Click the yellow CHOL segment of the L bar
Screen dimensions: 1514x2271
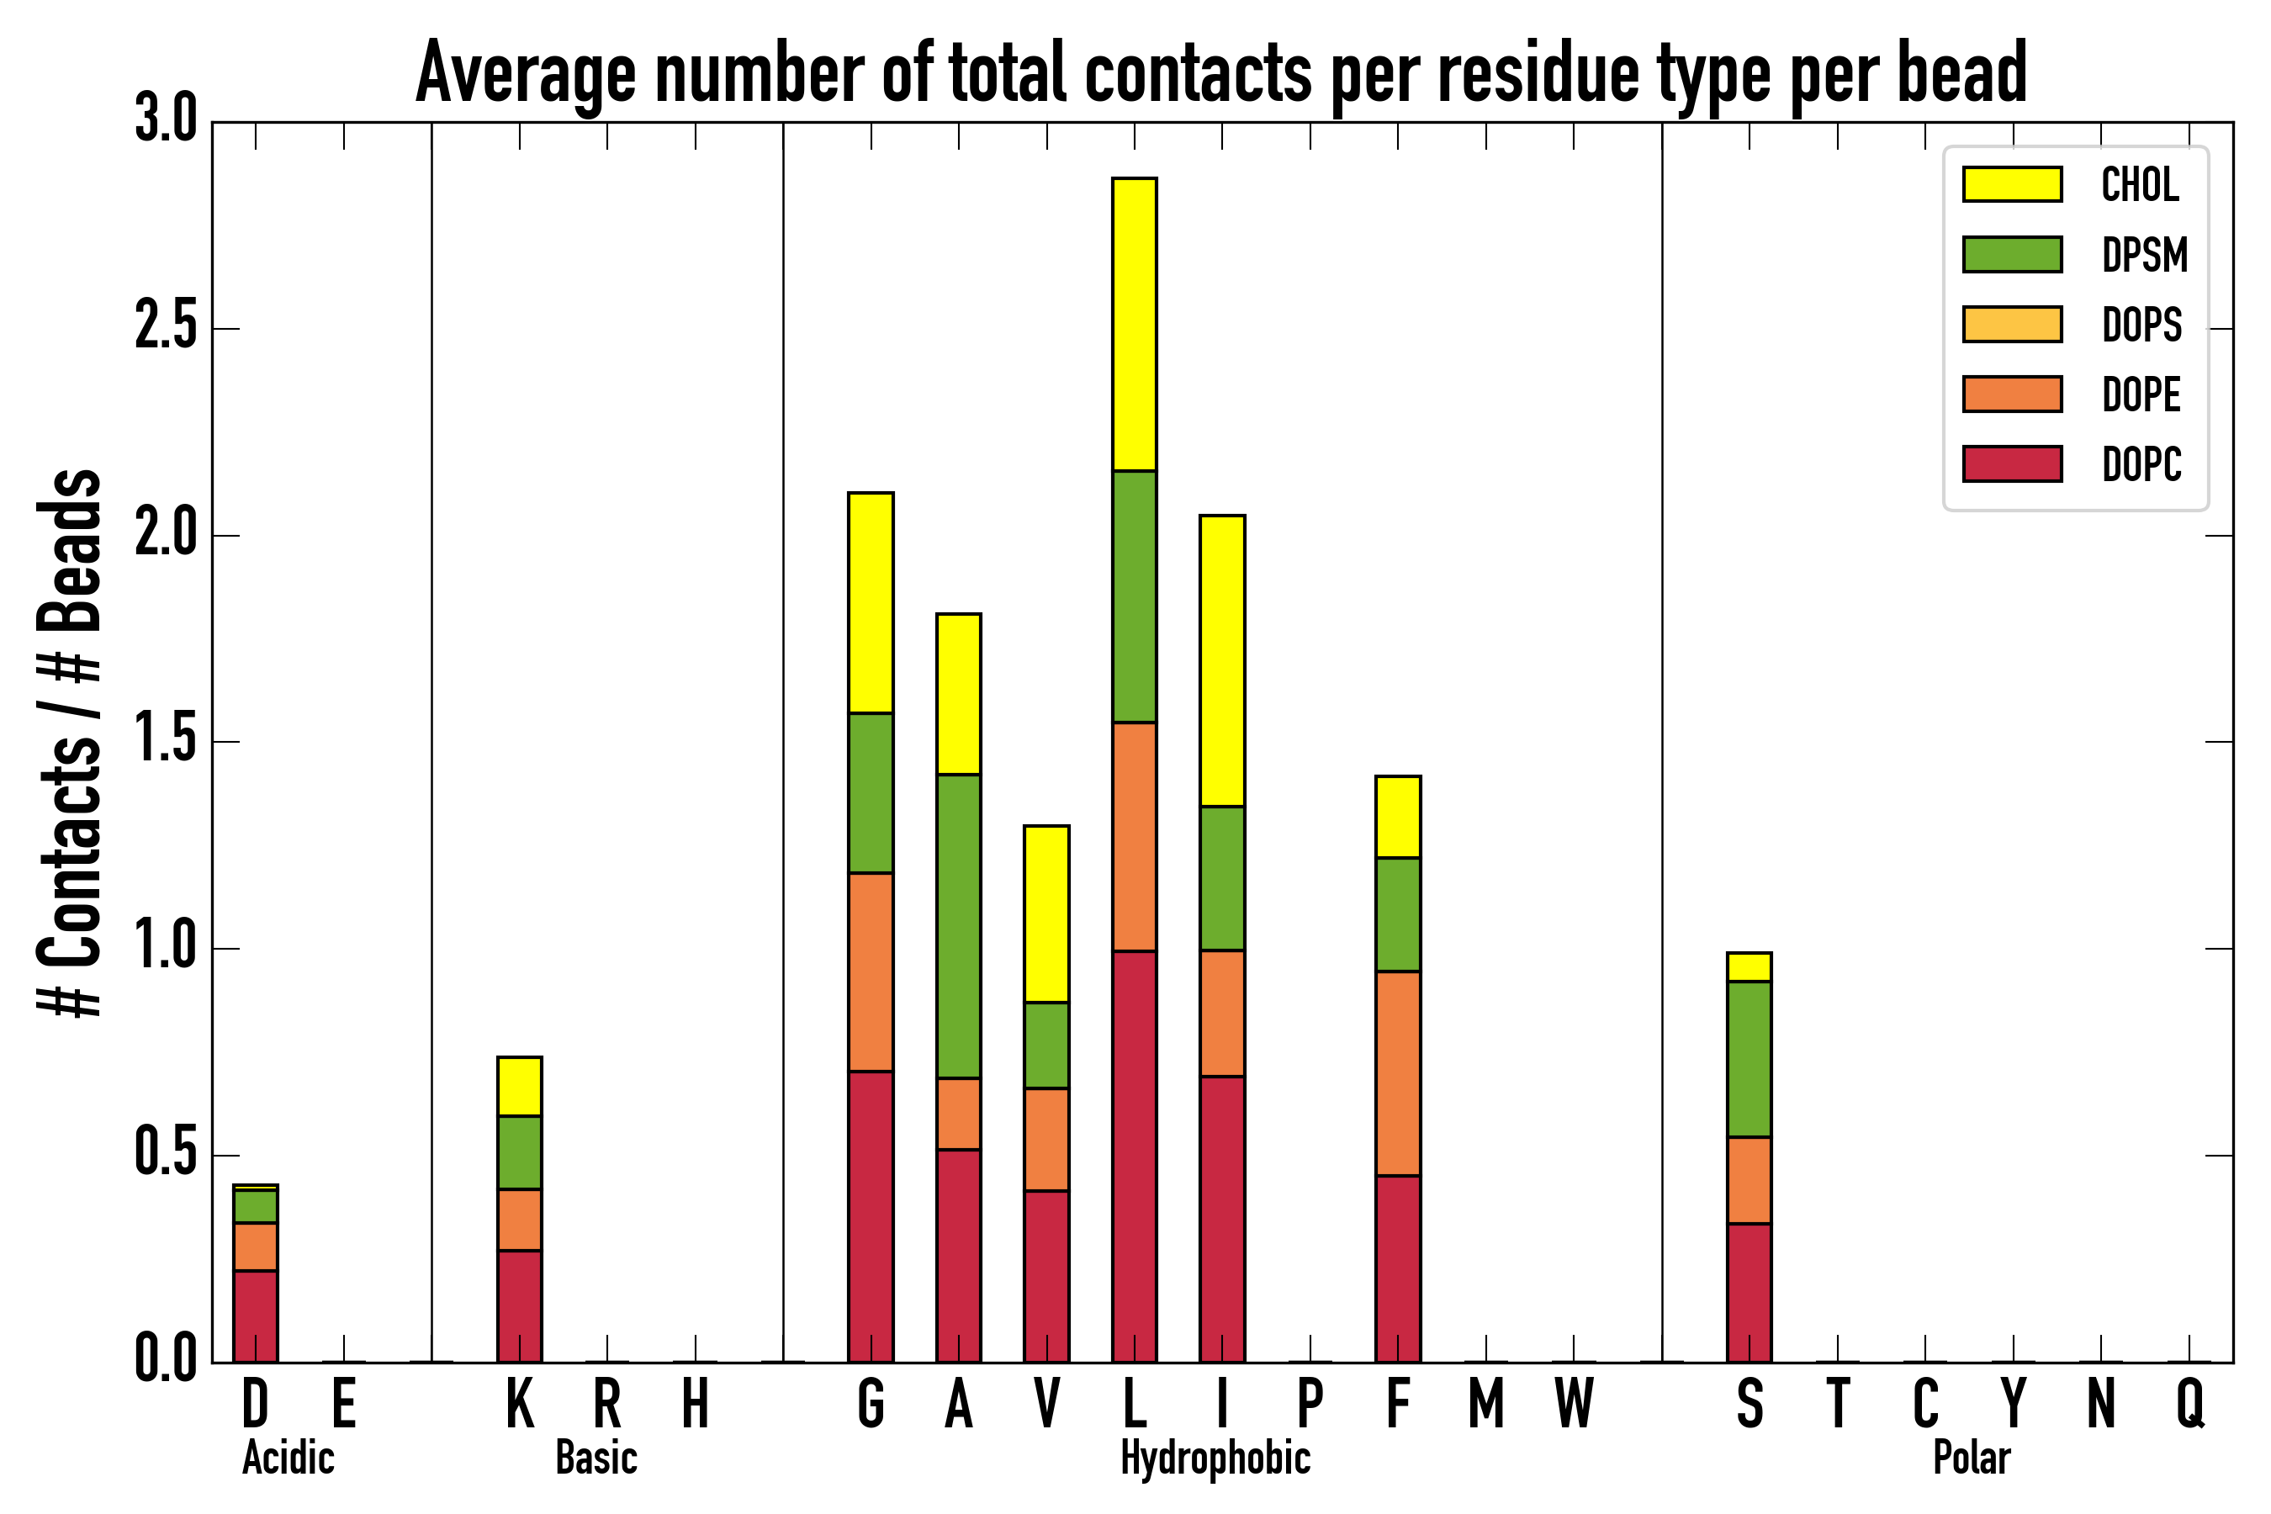pyautogui.click(x=1135, y=325)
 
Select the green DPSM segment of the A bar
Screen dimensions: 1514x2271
pyautogui.click(x=959, y=926)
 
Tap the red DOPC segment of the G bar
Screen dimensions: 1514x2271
pyautogui.click(x=871, y=1216)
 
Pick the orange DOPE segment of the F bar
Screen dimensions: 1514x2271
pyautogui.click(x=1398, y=1074)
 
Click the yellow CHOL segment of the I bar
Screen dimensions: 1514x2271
pyautogui.click(x=1222, y=660)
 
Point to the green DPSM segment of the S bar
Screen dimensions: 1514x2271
pyautogui.click(x=1750, y=1059)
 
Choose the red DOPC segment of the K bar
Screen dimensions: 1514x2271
pyautogui.click(x=520, y=1306)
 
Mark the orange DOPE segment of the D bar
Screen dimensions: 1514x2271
pyautogui.click(x=255, y=1247)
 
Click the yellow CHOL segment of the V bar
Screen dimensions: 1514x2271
pyautogui.click(x=1046, y=913)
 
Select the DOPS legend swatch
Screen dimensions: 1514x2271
pyautogui.click(x=2012, y=324)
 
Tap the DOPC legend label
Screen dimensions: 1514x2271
pyautogui.click(x=2141, y=464)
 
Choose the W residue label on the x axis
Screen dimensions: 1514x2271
pyautogui.click(x=1574, y=1405)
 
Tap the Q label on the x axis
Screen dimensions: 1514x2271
pyautogui.click(x=2191, y=1405)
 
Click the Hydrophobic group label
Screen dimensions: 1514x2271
pyautogui.click(x=1215, y=1458)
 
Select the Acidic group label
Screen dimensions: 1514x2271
pyautogui.click(x=288, y=1458)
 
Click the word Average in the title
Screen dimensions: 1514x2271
pyautogui.click(x=527, y=73)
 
